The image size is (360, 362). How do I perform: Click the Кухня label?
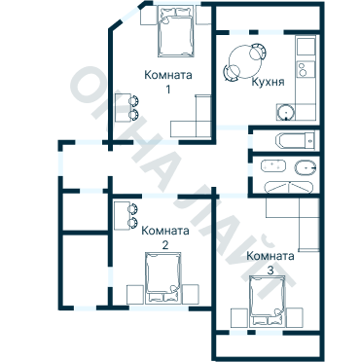tap(268, 82)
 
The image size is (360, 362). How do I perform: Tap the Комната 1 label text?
tap(168, 82)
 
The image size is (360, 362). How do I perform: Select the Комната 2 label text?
tap(165, 237)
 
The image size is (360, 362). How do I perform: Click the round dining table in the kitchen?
tap(245, 61)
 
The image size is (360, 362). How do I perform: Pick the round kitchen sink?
tap(286, 112)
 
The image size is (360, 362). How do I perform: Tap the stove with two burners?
tap(306, 69)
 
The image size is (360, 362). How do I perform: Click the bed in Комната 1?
tap(176, 31)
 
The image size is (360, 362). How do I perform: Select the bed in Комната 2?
tap(162, 278)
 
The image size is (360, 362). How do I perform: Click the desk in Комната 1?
tap(123, 108)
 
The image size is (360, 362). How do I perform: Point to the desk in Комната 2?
tap(123, 215)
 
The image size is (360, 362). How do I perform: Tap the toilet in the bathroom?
tap(306, 167)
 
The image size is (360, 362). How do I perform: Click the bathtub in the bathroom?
tap(295, 140)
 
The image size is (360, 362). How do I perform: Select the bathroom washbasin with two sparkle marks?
tap(273, 165)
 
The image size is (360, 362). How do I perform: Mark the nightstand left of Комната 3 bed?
tap(239, 317)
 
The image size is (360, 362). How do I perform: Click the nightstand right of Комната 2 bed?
tap(191, 294)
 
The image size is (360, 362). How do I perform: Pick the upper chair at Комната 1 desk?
tap(133, 101)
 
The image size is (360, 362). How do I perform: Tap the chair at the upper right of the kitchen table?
tap(259, 52)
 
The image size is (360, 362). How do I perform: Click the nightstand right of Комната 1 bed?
tap(203, 16)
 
